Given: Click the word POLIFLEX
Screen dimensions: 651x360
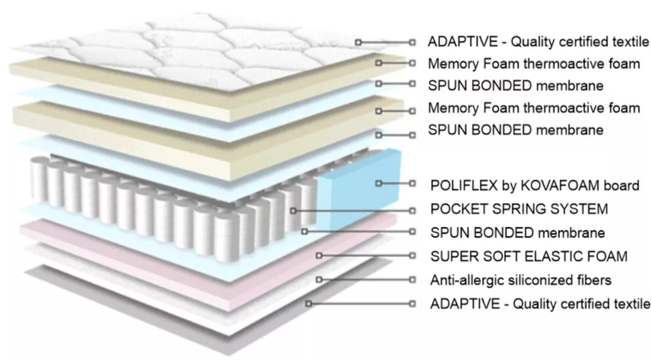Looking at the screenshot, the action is [464, 186].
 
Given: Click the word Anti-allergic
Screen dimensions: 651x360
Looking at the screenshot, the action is [467, 280].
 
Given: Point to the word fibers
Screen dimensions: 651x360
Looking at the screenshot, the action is [591, 280].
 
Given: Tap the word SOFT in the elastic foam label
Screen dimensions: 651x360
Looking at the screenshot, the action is [500, 256].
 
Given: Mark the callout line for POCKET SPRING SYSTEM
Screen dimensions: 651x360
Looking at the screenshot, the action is [352, 211].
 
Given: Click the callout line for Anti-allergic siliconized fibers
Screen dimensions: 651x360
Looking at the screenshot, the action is [366, 280].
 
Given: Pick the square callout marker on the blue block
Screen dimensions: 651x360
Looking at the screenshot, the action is [378, 184].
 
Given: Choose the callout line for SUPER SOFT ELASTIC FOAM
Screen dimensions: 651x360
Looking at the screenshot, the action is [366, 255].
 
